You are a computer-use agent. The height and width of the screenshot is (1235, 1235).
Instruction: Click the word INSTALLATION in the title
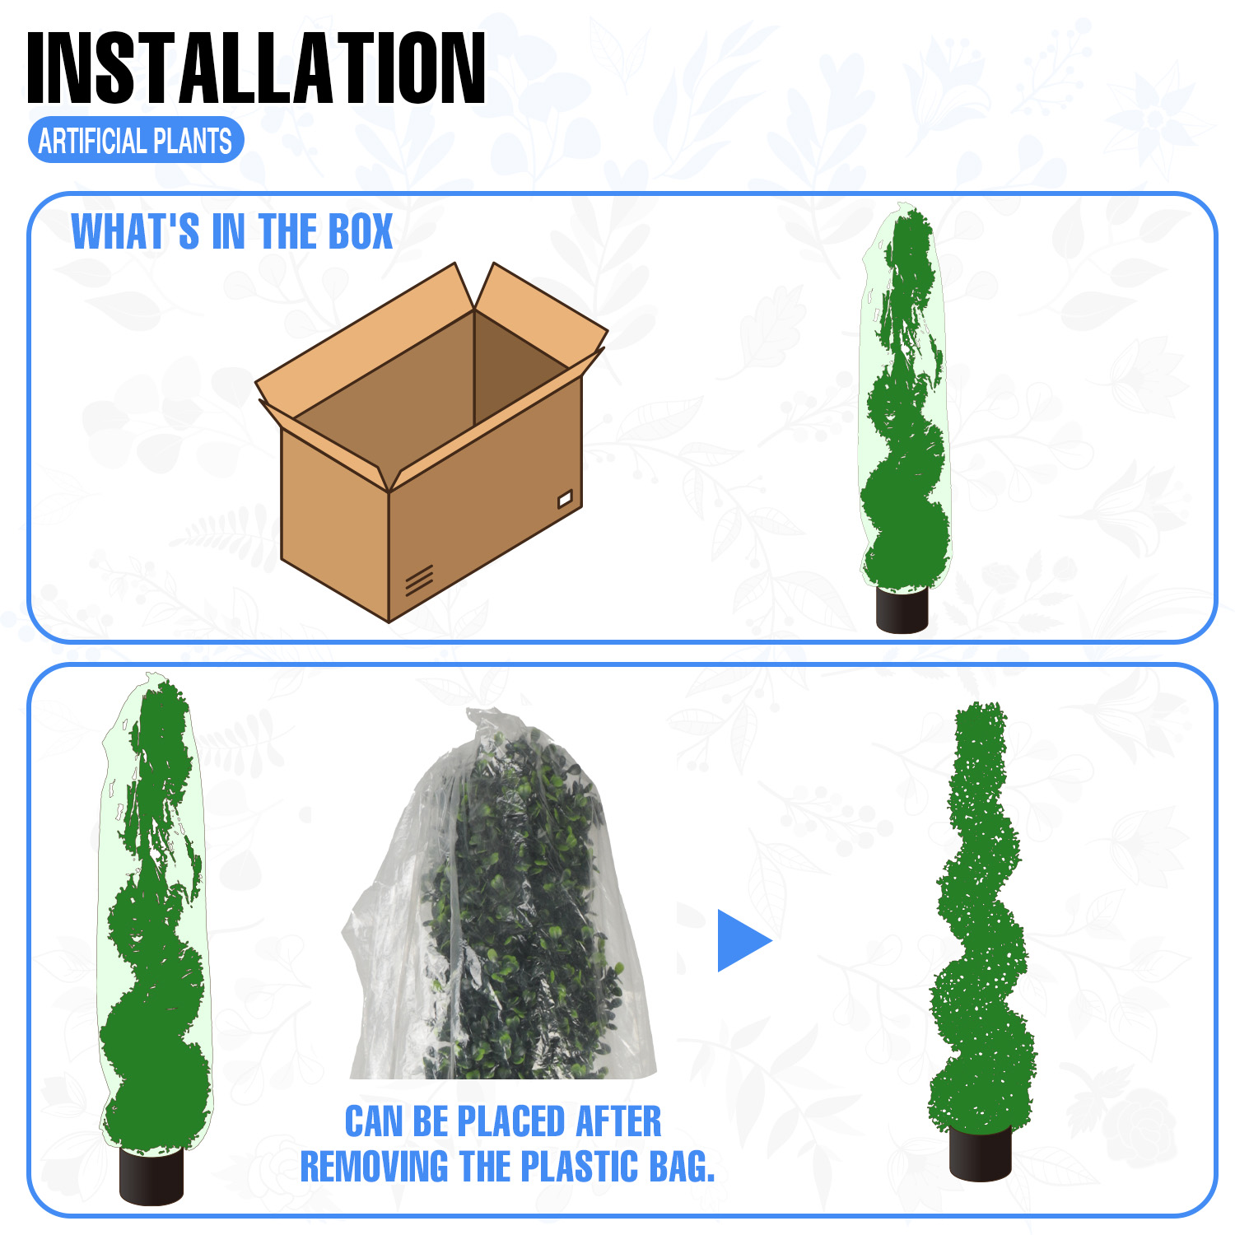click(x=256, y=68)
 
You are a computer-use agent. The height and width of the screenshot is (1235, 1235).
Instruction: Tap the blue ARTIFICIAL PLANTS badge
click(x=136, y=141)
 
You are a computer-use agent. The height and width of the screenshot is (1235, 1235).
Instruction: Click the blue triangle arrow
click(x=743, y=940)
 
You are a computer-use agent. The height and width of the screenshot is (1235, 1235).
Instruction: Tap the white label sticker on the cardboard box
click(x=565, y=499)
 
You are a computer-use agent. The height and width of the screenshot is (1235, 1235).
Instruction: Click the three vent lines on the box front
click(x=419, y=580)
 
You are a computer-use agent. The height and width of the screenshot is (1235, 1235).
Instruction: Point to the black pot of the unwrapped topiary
click(x=980, y=1153)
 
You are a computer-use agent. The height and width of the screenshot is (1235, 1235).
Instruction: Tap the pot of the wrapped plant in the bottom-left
click(x=151, y=1176)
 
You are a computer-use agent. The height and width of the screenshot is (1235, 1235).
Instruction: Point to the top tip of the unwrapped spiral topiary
click(x=980, y=705)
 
